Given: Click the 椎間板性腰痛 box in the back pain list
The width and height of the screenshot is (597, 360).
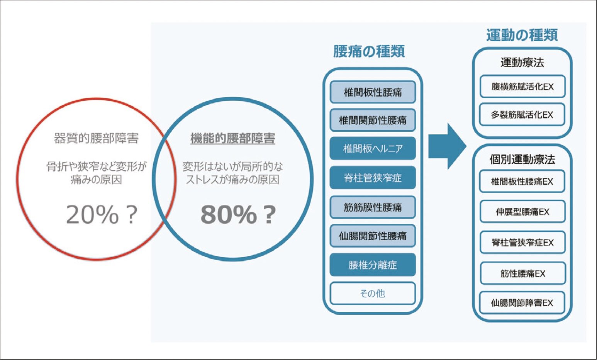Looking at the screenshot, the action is pos(373,92).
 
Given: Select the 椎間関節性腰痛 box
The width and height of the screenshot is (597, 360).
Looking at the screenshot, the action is pos(373,120).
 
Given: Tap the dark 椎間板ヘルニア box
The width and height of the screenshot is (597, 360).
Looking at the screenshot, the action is pos(373,149).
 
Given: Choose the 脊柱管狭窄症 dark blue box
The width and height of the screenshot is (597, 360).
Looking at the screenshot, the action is pos(373,178).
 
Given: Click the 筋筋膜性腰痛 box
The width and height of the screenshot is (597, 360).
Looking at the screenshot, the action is pos(373,207).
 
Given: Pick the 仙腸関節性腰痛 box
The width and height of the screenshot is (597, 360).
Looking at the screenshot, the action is pos(373,236).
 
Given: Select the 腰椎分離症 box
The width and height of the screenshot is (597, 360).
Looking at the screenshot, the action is pos(373,265).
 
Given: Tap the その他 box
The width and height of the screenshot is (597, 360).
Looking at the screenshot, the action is pos(373,293).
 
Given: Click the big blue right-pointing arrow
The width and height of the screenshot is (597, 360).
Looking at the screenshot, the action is pos(447,146).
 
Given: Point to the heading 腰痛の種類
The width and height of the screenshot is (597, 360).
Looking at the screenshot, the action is pos(369,51).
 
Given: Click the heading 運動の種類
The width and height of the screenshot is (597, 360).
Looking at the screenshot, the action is pos(522,35).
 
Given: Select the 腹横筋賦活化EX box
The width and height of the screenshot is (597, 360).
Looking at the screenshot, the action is pos(522,87).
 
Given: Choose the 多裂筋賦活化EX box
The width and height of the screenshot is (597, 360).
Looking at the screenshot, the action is pos(522,114).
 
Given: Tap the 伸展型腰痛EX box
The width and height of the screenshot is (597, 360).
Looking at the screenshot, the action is pos(522,211).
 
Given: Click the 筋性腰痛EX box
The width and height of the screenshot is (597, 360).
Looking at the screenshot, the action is pos(522,273).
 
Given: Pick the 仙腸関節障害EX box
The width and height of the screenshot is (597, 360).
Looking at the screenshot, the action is pos(522,303).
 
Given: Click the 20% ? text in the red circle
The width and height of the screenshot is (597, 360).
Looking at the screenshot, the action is pos(102,214).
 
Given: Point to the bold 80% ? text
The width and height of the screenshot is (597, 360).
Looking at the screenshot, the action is pos(238,214).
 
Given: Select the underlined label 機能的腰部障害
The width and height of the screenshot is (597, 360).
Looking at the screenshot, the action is pos(233,138).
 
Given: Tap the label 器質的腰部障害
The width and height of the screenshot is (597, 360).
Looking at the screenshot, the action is pos(96,138).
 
